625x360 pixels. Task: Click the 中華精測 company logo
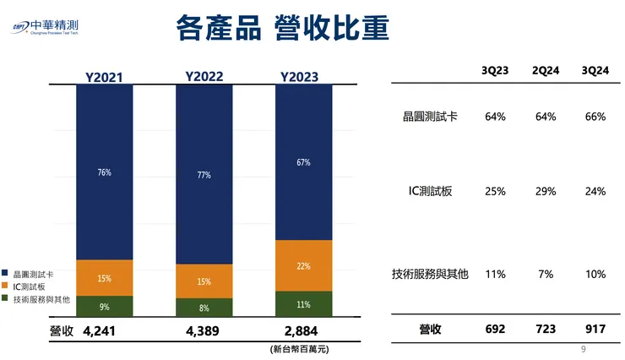point(53,27)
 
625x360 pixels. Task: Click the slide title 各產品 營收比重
point(283,28)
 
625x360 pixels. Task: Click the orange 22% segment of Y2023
point(303,265)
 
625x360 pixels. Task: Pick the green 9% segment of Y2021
point(104,307)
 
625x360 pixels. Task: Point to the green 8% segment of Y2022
point(204,308)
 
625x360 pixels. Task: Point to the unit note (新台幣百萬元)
point(300,348)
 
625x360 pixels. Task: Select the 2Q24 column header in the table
point(545,71)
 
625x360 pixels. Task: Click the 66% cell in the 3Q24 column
point(595,117)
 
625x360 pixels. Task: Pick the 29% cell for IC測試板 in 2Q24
point(545,192)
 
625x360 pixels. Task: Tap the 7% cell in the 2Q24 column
point(545,275)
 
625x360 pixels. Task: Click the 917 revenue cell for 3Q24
point(595,330)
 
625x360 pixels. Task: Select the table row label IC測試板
point(430,192)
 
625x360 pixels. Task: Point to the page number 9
point(584,349)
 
